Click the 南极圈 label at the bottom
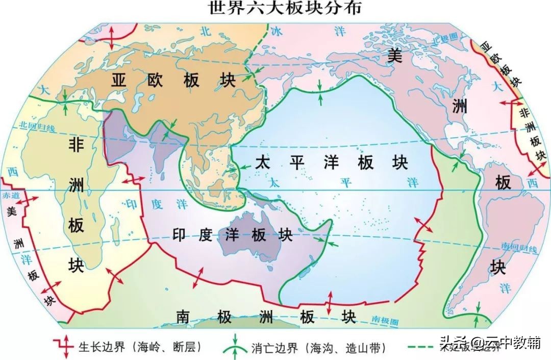[x=383, y=321]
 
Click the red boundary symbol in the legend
[x=65, y=347]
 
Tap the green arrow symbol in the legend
[x=234, y=346]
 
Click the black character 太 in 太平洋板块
[x=262, y=163]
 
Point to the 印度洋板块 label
[x=233, y=235]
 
